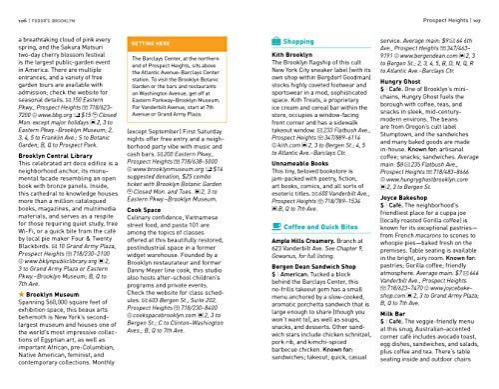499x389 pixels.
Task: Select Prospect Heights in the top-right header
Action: pos(440,8)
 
